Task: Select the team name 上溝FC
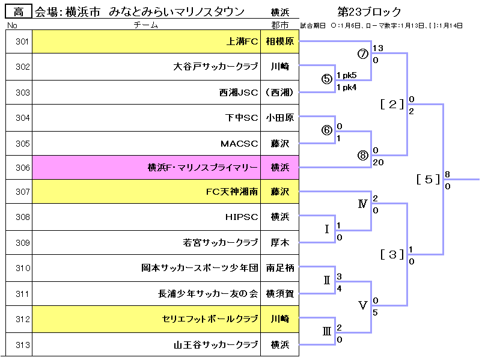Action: (242, 41)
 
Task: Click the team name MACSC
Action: (239, 143)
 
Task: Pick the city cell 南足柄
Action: (279, 269)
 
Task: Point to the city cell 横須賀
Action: (279, 294)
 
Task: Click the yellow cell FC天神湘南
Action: (231, 193)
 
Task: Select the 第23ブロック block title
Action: (370, 12)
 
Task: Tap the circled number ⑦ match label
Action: (362, 53)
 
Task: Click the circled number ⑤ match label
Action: (327, 79)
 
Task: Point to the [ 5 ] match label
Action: (428, 179)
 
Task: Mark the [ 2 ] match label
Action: (392, 104)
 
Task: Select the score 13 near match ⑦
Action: (377, 47)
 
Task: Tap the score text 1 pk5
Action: (347, 75)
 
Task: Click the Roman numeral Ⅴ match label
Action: (362, 305)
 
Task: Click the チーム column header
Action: (146, 25)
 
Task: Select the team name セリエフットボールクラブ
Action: (210, 319)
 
